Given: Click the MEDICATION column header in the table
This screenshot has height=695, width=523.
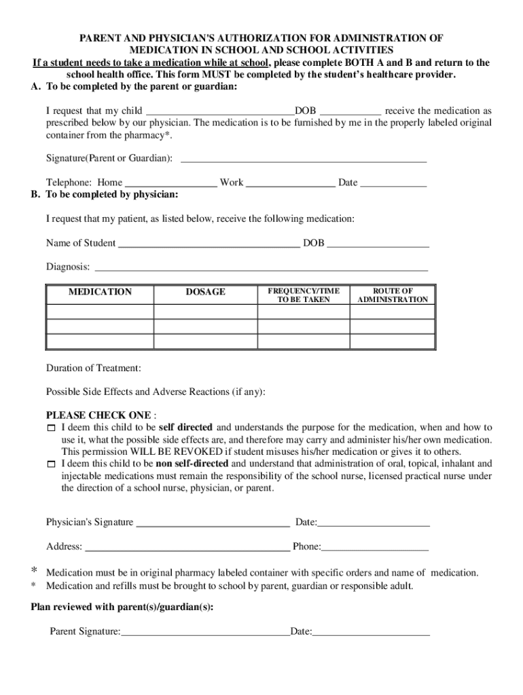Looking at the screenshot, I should [100, 292].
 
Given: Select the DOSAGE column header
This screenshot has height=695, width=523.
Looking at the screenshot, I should [205, 292].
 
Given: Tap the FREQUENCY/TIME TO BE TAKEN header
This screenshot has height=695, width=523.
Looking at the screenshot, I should [303, 295].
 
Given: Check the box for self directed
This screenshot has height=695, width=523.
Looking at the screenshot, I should [51, 429].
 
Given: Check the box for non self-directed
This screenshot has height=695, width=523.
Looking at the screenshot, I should [51, 465].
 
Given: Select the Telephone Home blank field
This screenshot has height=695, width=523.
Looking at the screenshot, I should [171, 183].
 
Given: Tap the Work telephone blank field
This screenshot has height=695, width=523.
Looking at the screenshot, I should [290, 183].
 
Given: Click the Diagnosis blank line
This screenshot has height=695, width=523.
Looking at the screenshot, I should [260, 267].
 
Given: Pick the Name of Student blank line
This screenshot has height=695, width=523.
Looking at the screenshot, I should [209, 244].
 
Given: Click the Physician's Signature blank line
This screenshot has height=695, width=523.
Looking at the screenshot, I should [213, 523].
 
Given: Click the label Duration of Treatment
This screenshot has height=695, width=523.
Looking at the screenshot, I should [94, 369].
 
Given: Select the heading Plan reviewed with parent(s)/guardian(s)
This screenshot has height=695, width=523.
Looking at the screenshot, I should [123, 608].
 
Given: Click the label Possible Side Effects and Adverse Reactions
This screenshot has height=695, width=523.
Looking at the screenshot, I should [156, 392].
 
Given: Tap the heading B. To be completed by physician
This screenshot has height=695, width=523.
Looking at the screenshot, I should [105, 195].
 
